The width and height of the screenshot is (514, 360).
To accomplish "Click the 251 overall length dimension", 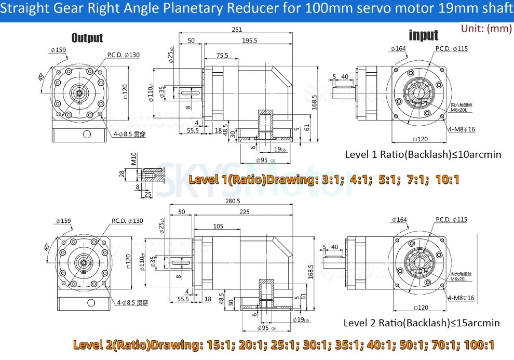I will click(x=237, y=30).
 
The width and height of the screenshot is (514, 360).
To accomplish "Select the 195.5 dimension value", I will click(x=249, y=41).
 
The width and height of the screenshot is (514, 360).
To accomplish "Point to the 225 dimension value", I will click(x=244, y=211).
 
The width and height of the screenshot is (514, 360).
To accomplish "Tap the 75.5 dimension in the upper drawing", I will click(x=222, y=55).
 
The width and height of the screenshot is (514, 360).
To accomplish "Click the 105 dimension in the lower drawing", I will click(x=218, y=226).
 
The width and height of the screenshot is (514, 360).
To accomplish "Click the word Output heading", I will click(x=87, y=38).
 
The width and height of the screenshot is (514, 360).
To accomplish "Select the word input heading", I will click(x=424, y=35).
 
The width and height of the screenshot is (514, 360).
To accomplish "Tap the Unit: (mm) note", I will click(x=486, y=29).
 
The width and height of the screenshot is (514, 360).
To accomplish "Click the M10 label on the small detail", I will click(x=133, y=158).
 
